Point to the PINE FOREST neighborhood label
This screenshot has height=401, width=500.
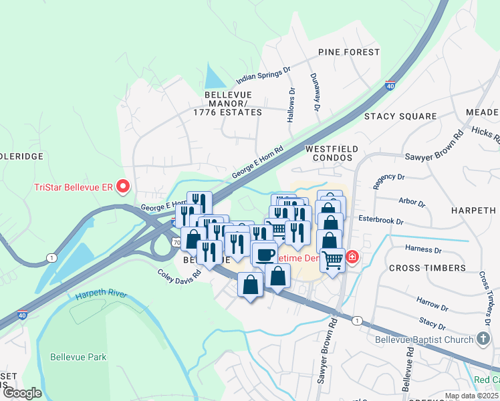click(349, 52)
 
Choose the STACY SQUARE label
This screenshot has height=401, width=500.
click(400, 116)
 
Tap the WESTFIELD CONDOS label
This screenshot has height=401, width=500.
click(332, 153)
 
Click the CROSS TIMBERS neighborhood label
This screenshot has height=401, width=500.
click(427, 268)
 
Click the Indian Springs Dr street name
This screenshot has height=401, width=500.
click(259, 74)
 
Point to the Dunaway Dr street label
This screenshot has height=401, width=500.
click(315, 92)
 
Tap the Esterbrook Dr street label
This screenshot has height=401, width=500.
click(382, 221)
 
